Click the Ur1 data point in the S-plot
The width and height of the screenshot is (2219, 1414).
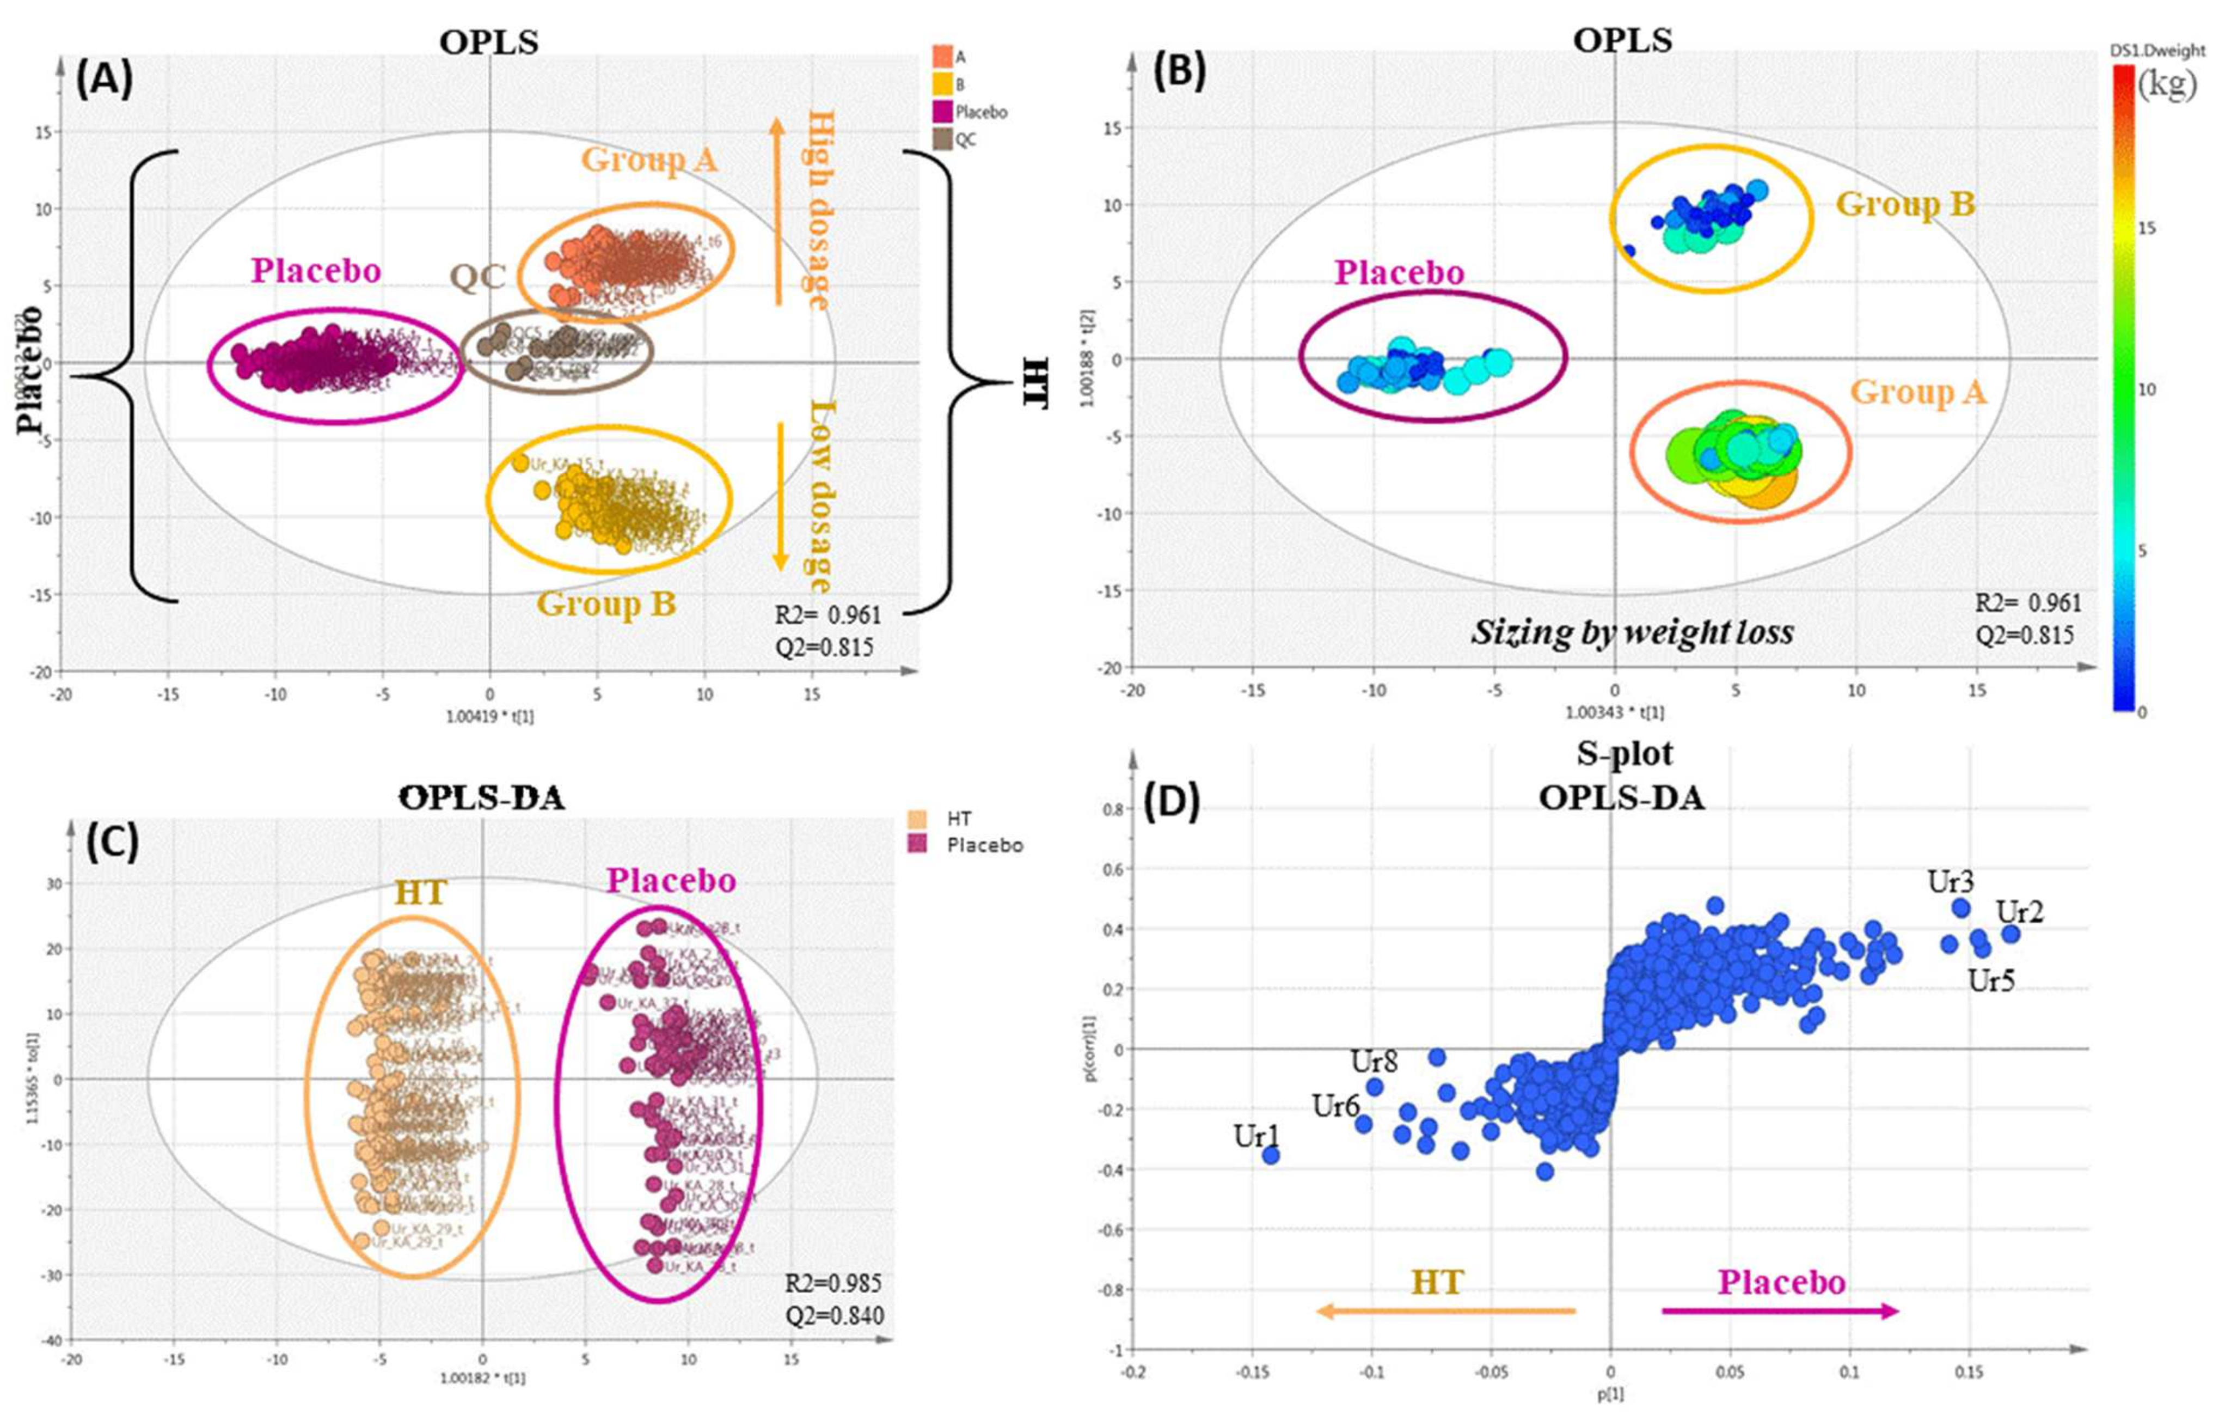(1271, 1155)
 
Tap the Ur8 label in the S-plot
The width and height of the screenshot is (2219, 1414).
(1374, 1062)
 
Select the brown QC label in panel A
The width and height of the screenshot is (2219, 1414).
(477, 277)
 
